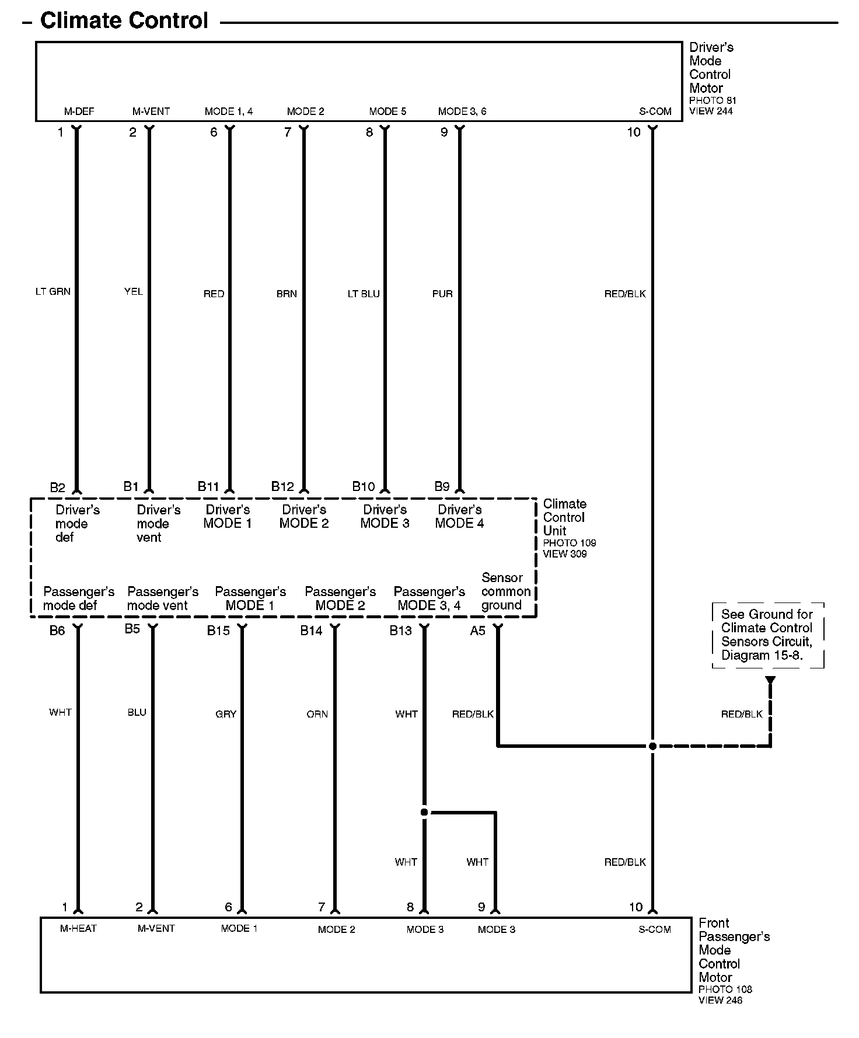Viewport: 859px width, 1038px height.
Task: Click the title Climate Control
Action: [x=124, y=21]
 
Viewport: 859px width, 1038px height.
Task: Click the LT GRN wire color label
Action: [x=53, y=291]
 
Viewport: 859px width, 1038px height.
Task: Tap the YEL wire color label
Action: [x=134, y=291]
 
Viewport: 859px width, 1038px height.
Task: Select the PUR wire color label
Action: [x=442, y=294]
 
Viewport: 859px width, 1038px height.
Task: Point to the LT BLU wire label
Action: [x=364, y=294]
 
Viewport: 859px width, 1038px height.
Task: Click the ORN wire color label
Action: [x=317, y=714]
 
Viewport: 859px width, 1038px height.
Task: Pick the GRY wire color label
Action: [x=226, y=714]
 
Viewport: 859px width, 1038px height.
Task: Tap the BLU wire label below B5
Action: [x=137, y=712]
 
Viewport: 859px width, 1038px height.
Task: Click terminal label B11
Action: [x=208, y=486]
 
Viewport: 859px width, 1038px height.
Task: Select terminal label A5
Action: [x=478, y=631]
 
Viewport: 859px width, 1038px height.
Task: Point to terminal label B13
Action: [x=401, y=631]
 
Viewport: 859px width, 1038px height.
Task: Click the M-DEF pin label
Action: [x=79, y=112]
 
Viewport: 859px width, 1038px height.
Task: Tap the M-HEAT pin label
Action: [x=78, y=928]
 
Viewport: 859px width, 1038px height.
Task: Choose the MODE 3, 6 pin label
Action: [x=462, y=112]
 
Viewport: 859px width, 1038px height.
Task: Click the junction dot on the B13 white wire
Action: [x=424, y=812]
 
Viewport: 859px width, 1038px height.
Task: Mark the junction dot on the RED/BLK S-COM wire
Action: [x=652, y=746]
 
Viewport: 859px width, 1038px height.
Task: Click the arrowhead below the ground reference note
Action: [x=770, y=680]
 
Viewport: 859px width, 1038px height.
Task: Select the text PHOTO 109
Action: [x=570, y=543]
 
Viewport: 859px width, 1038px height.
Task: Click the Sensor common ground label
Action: [x=505, y=591]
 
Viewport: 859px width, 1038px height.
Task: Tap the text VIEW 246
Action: [x=721, y=1000]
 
